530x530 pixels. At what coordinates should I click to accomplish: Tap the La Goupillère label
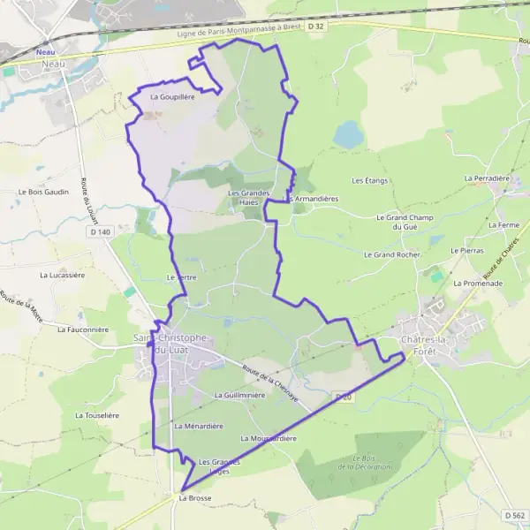pyautogui.click(x=172, y=97)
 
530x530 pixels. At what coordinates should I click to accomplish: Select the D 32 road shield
pyautogui.click(x=317, y=26)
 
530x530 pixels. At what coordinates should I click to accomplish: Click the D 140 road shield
pyautogui.click(x=100, y=231)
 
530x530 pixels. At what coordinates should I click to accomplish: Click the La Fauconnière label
pyautogui.click(x=82, y=329)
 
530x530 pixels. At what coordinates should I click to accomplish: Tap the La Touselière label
pyautogui.click(x=96, y=414)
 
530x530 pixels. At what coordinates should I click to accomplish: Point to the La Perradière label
pyautogui.click(x=488, y=178)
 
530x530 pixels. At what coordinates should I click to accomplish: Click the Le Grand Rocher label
pyautogui.click(x=392, y=254)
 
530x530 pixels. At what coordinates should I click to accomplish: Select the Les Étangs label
pyautogui.click(x=370, y=180)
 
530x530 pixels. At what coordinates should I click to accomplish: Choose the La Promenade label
pyautogui.click(x=478, y=284)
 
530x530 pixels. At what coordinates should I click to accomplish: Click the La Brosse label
pyautogui.click(x=194, y=498)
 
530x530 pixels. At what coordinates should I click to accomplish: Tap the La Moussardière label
pyautogui.click(x=268, y=438)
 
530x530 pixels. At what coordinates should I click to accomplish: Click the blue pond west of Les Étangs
pyautogui.click(x=348, y=135)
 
